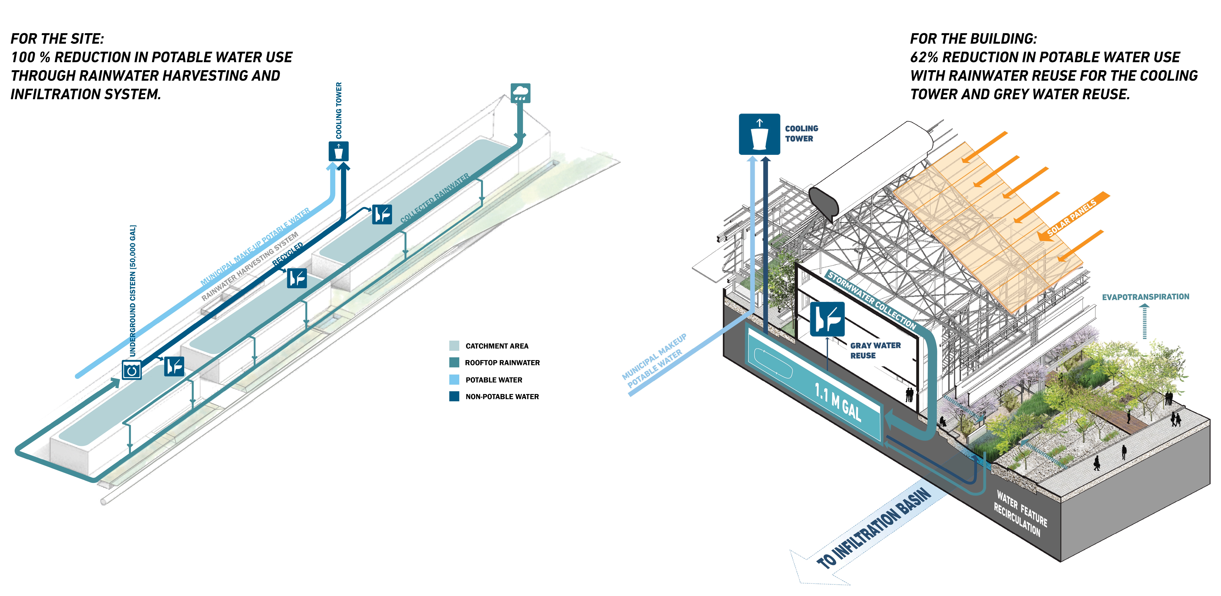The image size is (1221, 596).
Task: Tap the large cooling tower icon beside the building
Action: pyautogui.click(x=759, y=134)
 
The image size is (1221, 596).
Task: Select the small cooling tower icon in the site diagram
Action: pyautogui.click(x=338, y=151)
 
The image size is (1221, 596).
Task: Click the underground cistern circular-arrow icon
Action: pyautogui.click(x=132, y=370)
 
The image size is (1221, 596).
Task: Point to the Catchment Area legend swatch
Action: pyautogui.click(x=454, y=346)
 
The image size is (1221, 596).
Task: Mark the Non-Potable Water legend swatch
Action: pyautogui.click(x=454, y=396)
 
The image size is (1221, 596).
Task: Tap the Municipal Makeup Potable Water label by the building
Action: pyautogui.click(x=654, y=361)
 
